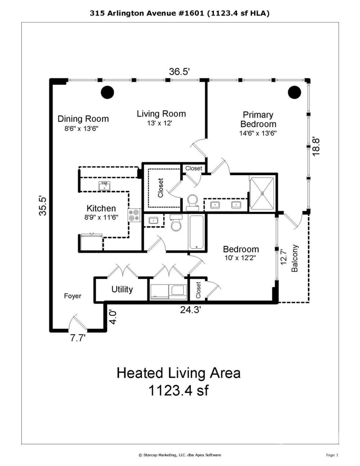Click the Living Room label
pos(161,114)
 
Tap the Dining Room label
pos(83,119)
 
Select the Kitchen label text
pos(101,208)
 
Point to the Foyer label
pos(73,296)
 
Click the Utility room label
pos(122,290)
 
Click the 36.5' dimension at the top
pos(179,72)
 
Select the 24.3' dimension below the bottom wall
pos(190,310)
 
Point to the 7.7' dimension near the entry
pos(78,339)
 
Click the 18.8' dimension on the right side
pos(316,147)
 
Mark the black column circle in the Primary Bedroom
pos(294,92)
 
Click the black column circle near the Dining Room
pos(107,92)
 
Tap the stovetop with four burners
pos(135,215)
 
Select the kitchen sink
pos(104,186)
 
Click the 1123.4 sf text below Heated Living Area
pos(178,390)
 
